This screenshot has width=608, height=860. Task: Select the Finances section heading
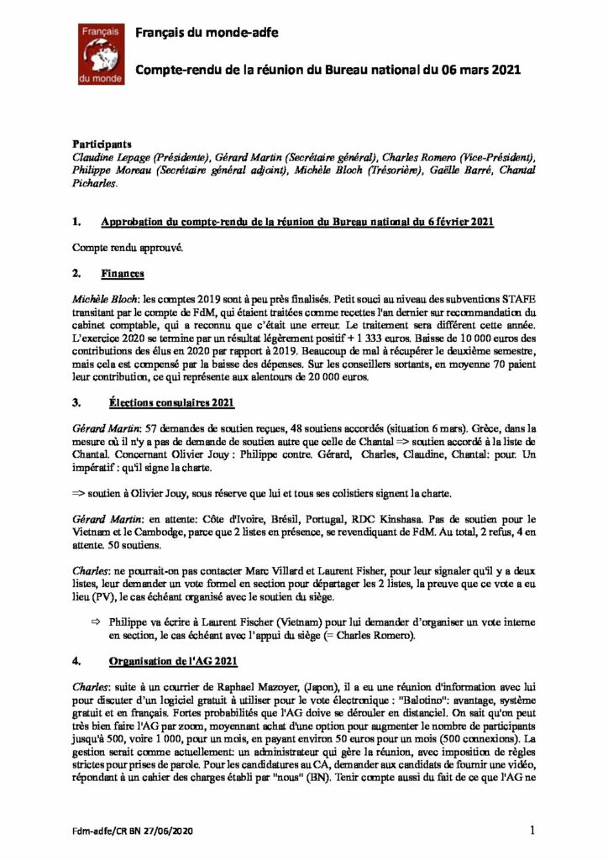pyautogui.click(x=123, y=274)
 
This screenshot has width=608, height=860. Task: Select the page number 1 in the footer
pyautogui.click(x=532, y=831)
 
